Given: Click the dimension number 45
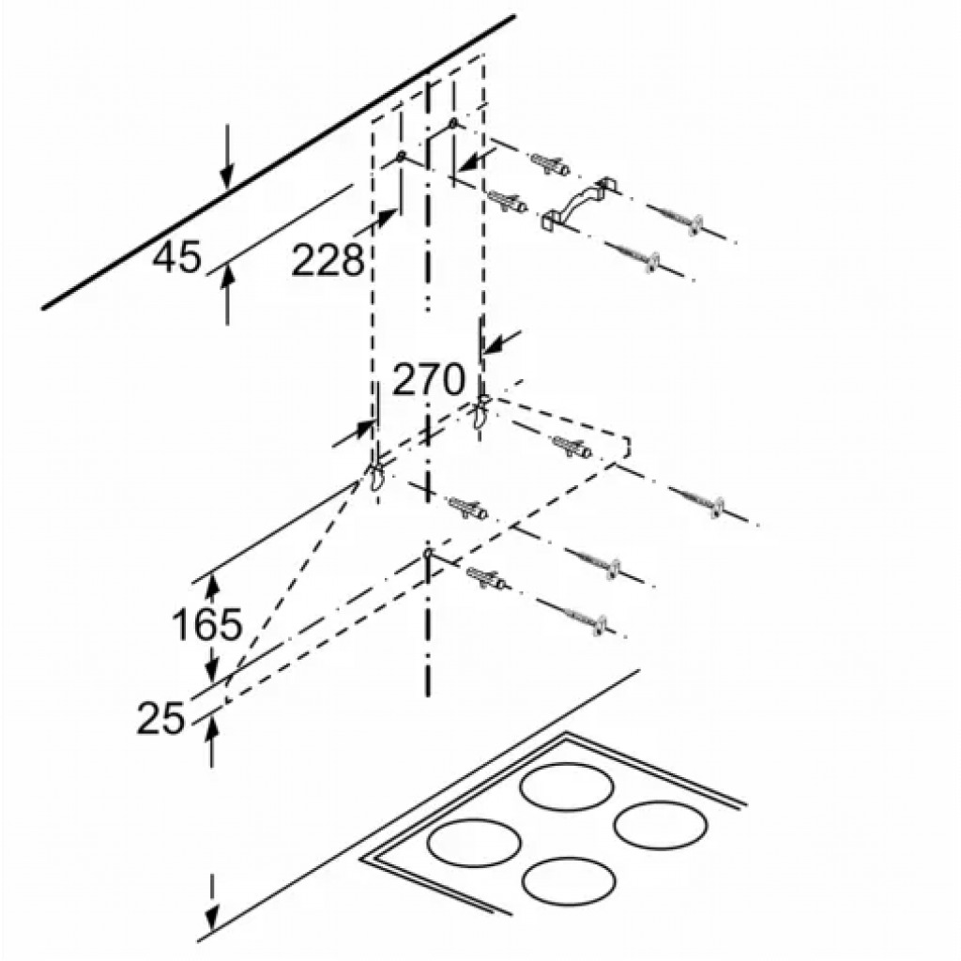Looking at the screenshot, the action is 176,256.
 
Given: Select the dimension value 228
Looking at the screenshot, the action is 328,260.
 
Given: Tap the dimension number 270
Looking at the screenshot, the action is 428,379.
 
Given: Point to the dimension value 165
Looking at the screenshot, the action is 207,625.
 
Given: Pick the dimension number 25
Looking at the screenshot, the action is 160,718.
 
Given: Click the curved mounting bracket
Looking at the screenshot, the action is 579,203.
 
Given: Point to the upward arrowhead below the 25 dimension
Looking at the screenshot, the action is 212,725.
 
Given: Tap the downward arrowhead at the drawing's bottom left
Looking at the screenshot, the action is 212,918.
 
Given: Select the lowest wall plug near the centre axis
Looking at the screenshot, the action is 485,578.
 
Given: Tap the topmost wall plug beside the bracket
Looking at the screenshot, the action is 550,164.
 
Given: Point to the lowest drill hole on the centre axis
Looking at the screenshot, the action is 428,554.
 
